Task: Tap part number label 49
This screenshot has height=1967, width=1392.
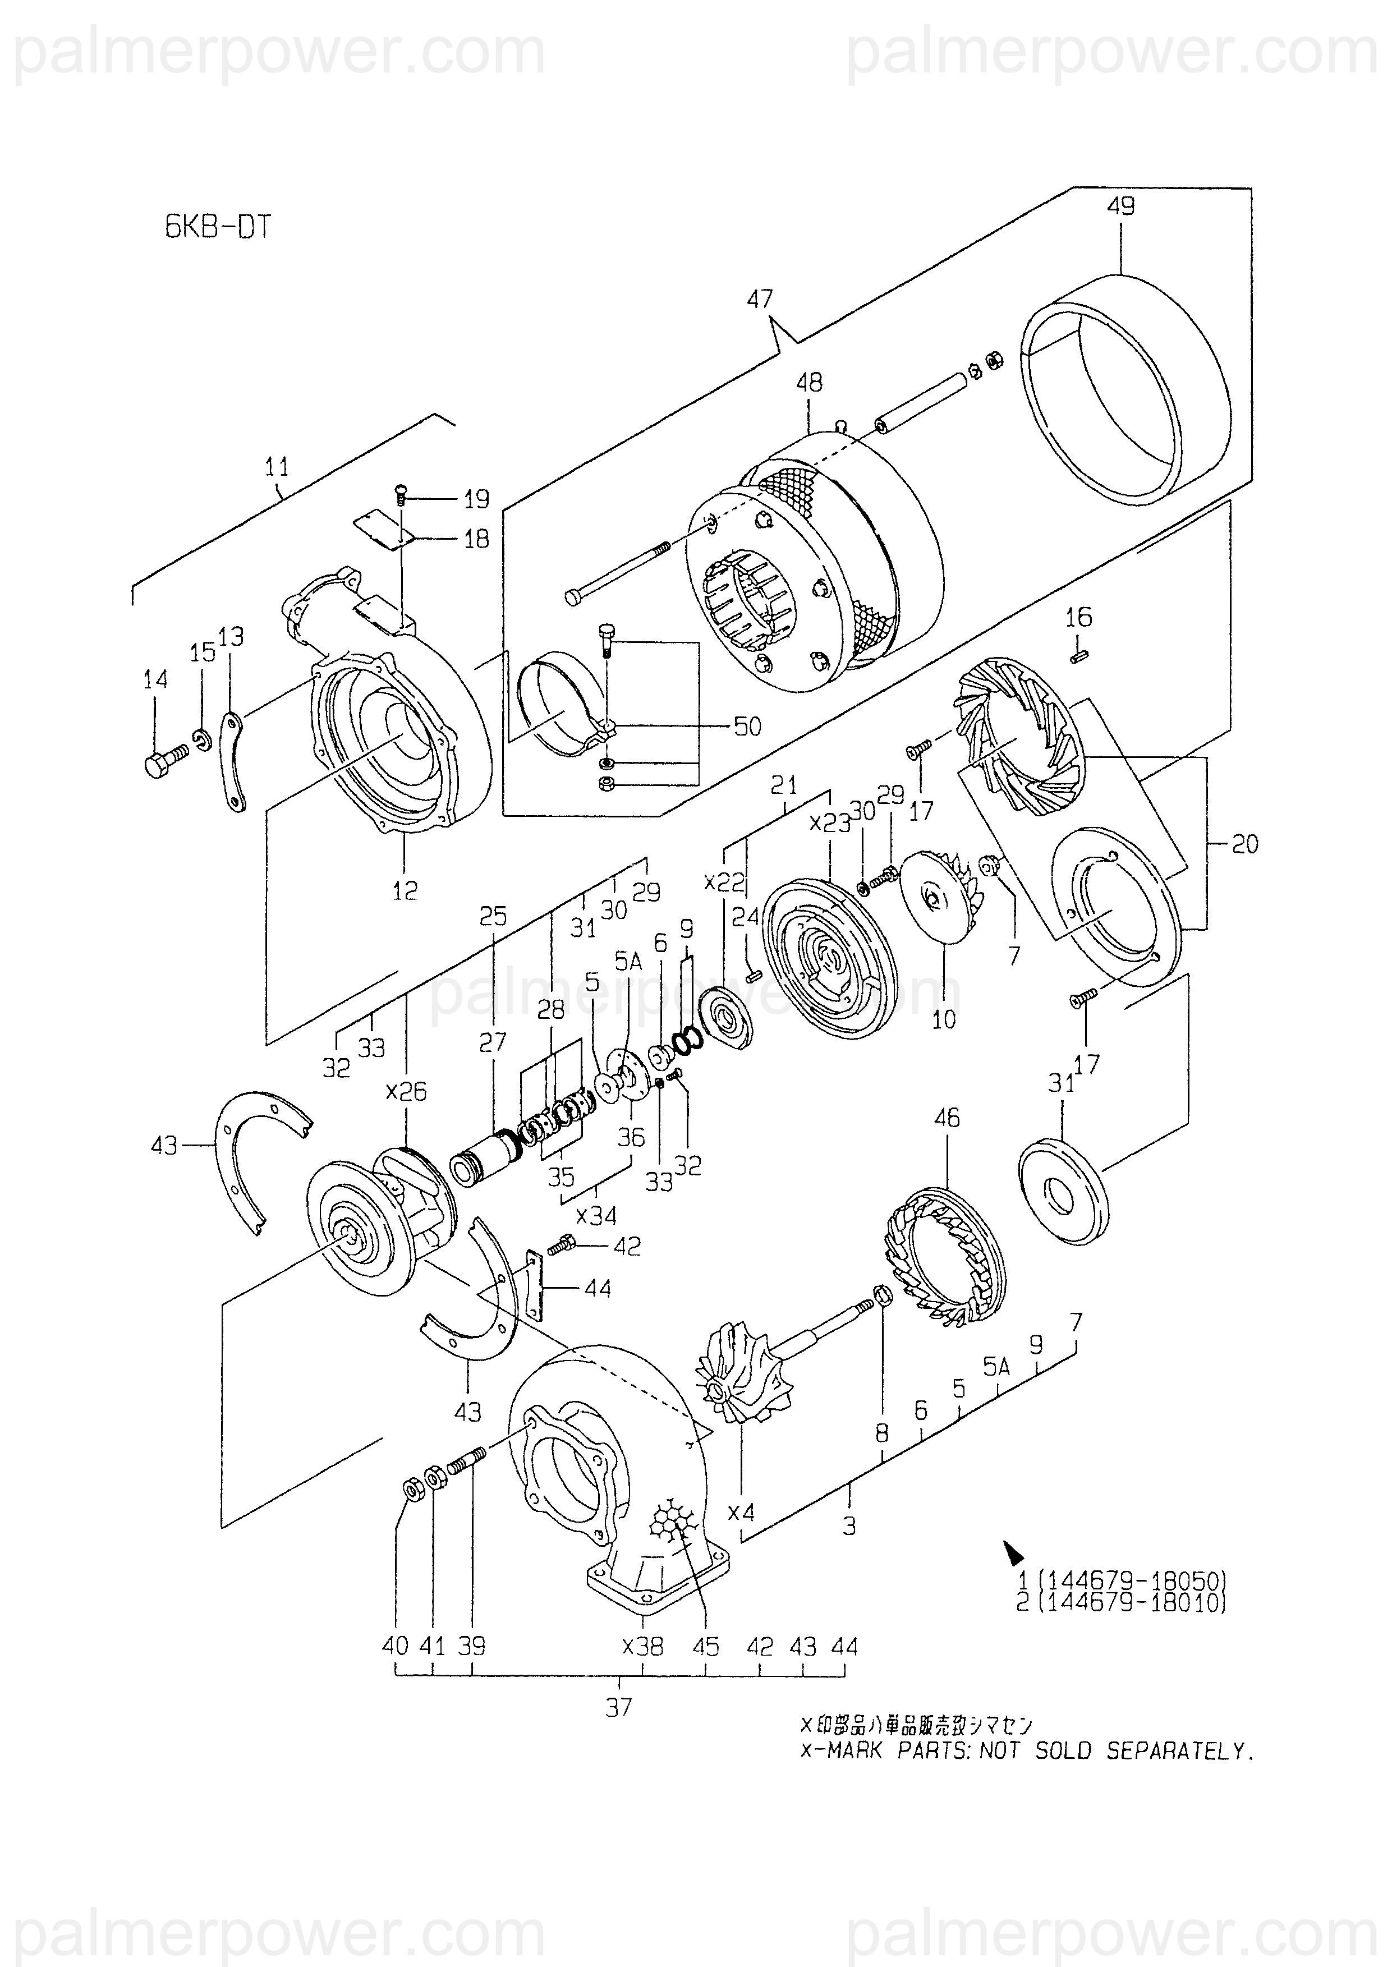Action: click(1120, 206)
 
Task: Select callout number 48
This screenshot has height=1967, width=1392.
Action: click(808, 382)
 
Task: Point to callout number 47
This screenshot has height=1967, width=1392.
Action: click(760, 299)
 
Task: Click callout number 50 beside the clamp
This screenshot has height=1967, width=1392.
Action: click(747, 727)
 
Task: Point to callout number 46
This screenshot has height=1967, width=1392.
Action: click(947, 1118)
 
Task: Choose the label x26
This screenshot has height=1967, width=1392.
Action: click(406, 1092)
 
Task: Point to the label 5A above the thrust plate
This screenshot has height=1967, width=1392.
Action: click(628, 963)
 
